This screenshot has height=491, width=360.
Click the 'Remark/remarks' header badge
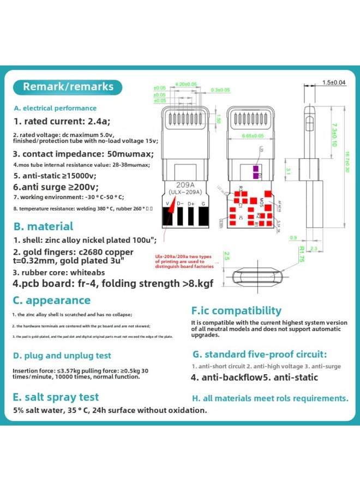tap(68, 87)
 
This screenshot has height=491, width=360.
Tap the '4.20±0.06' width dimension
tap(186, 84)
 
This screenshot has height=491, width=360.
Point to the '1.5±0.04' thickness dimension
tap(334, 82)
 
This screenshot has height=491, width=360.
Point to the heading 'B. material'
tap(43, 226)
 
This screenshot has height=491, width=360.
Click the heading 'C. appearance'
tap(52, 300)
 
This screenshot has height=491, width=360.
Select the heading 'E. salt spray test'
tap(56, 397)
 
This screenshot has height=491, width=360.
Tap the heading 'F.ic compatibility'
tap(236, 310)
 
